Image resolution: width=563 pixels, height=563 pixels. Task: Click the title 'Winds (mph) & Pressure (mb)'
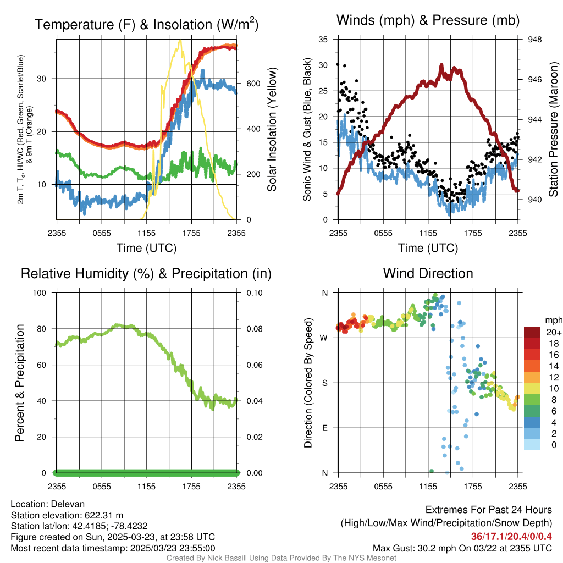click(428, 21)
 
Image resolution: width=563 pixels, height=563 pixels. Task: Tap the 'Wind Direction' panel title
click(428, 273)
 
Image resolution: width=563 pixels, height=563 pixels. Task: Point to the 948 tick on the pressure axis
click(534, 40)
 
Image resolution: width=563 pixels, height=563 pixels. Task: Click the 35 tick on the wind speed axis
click(323, 40)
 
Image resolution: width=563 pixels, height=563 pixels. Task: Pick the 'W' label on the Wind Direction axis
click(325, 338)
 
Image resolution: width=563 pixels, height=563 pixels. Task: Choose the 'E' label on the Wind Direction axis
click(325, 428)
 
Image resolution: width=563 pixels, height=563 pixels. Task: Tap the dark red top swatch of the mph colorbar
click(532, 332)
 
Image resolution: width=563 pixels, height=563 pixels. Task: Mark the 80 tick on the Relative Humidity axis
click(46, 329)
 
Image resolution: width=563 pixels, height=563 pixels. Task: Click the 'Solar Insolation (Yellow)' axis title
click(272, 129)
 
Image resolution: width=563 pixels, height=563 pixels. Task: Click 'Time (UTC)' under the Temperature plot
click(146, 248)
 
